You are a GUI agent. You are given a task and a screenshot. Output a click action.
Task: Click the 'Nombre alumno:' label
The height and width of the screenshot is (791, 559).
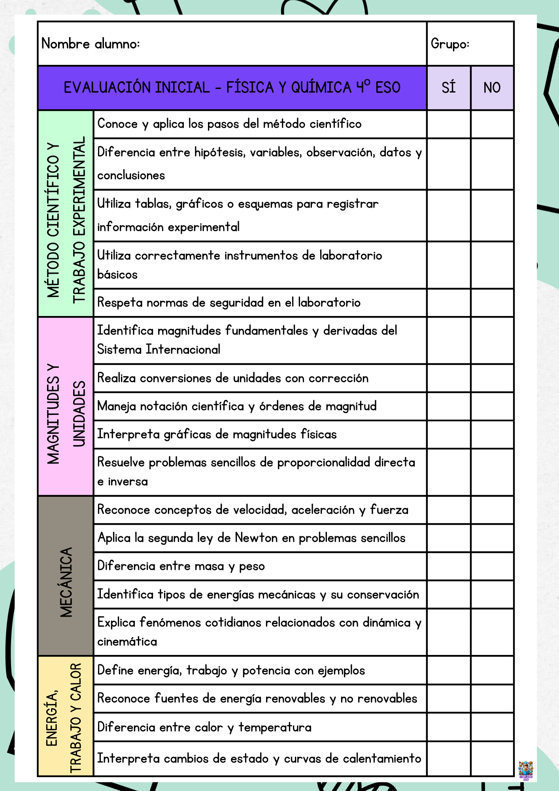91,44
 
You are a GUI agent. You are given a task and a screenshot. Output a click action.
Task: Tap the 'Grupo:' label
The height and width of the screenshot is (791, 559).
450,44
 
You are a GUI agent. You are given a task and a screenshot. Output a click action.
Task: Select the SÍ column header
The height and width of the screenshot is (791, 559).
449,87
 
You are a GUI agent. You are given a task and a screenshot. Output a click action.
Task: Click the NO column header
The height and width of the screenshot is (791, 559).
492,87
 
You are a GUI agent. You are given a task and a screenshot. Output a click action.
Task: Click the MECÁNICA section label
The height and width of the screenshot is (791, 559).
66,582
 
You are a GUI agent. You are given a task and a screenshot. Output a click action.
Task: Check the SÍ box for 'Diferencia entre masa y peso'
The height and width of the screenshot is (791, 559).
449,566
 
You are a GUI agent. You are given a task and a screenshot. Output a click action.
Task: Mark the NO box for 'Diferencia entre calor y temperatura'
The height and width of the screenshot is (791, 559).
492,727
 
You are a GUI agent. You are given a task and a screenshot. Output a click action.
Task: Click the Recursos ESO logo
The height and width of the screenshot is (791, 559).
526,770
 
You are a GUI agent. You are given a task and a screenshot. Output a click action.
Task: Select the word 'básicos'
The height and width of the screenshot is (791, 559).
117,274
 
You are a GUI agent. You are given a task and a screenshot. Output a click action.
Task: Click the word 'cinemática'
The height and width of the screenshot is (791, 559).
127,642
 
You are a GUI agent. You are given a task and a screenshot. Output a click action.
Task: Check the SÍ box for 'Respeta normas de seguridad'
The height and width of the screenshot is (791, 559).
449,303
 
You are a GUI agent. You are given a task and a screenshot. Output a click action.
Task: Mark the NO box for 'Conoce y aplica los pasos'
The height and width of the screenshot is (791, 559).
492,124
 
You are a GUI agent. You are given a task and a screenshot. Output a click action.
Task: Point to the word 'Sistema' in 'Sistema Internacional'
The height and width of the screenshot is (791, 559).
119,350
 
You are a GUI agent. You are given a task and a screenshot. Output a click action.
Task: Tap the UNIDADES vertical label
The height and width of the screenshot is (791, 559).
79,414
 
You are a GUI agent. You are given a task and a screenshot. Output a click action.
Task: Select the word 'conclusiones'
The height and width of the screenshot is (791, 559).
131,175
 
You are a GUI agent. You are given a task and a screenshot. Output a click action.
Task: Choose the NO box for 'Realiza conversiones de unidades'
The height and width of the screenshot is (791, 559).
492,378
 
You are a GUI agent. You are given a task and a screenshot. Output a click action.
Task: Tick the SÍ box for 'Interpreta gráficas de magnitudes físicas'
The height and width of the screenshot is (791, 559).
449,434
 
